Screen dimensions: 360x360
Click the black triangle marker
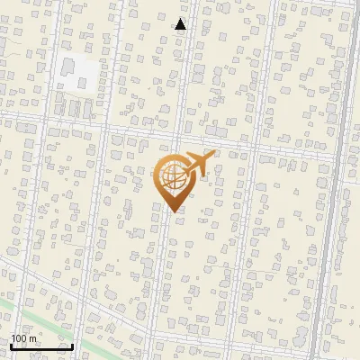coord(180,24)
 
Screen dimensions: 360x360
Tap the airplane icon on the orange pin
coord(197,165)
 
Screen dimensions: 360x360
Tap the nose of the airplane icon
coord(213,157)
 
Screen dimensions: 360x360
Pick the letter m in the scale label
coord(34,338)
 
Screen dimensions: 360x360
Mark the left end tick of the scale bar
coord(10,346)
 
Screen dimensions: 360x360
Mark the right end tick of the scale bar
coord(73,346)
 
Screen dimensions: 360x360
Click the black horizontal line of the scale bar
coord(41,347)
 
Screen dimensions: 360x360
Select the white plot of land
coord(76,72)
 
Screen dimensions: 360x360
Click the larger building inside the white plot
coord(68,67)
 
